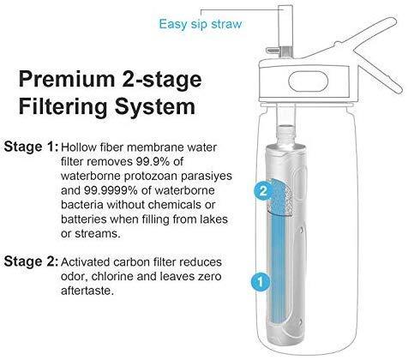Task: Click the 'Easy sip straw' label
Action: pyautogui.click(x=201, y=24)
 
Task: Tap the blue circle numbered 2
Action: pyautogui.click(x=263, y=190)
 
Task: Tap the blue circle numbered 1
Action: pyautogui.click(x=261, y=282)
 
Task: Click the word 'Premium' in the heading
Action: pyautogui.click(x=67, y=81)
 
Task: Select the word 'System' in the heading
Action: pyautogui.click(x=155, y=106)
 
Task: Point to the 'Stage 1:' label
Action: pyautogui.click(x=32, y=147)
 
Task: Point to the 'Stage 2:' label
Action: pyautogui.click(x=32, y=261)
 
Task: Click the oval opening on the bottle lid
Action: pyautogui.click(x=309, y=81)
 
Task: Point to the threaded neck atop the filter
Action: pyautogui.click(x=286, y=135)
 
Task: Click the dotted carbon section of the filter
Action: pyautogui.click(x=282, y=197)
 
